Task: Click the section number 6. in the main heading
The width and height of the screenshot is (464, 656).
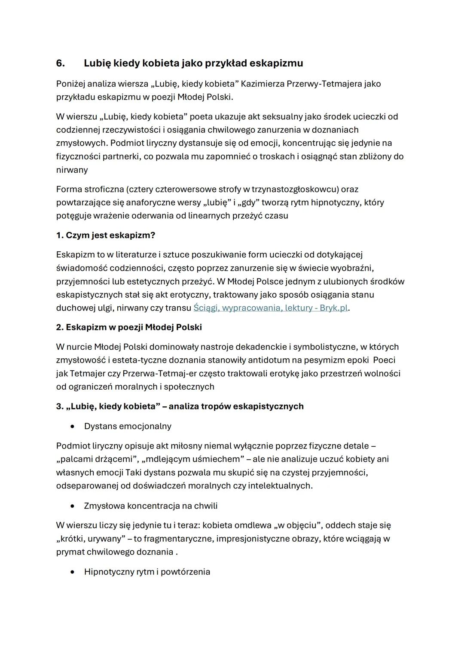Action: [61, 63]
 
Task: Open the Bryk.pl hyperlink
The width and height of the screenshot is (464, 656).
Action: [270, 308]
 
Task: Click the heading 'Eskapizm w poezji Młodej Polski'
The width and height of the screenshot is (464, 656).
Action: [129, 327]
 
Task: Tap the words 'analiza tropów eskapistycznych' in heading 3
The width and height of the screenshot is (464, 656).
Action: [236, 406]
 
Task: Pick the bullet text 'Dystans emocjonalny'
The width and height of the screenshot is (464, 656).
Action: [128, 426]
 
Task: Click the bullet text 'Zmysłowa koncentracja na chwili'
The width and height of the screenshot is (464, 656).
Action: [150, 506]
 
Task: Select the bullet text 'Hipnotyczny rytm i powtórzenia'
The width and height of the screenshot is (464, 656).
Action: [147, 572]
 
